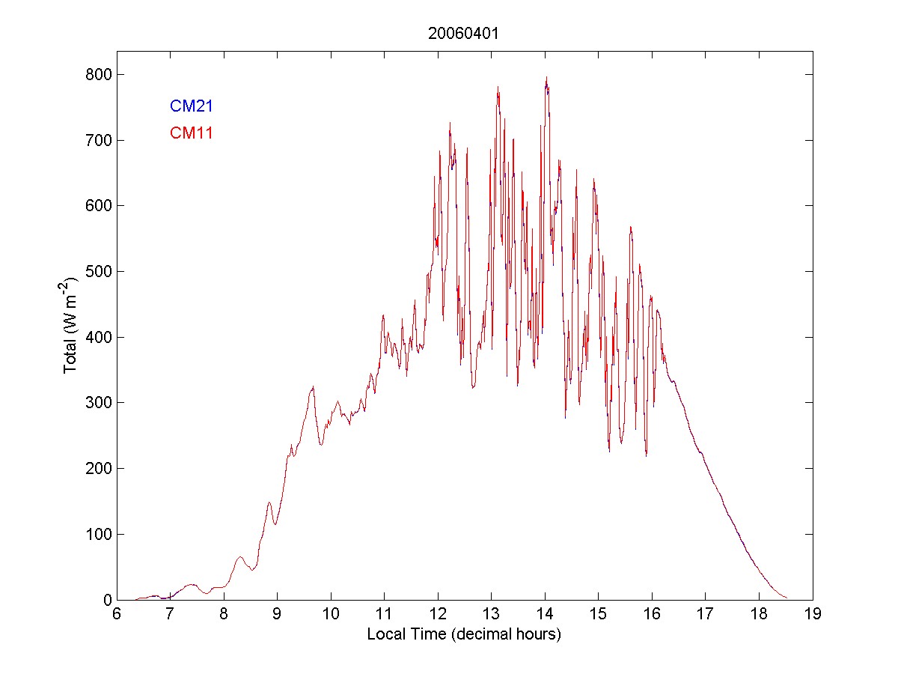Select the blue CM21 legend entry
click(192, 106)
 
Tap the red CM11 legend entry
click(192, 133)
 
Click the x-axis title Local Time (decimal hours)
click(464, 634)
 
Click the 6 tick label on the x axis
click(117, 614)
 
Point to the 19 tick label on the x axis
click(813, 614)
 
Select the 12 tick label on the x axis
click(438, 614)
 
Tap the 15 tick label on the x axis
click(599, 614)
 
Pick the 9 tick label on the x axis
click(277, 614)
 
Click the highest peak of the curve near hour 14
click(546, 77)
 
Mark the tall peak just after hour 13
click(498, 87)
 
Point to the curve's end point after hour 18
click(786, 598)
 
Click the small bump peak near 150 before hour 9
click(269, 503)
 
